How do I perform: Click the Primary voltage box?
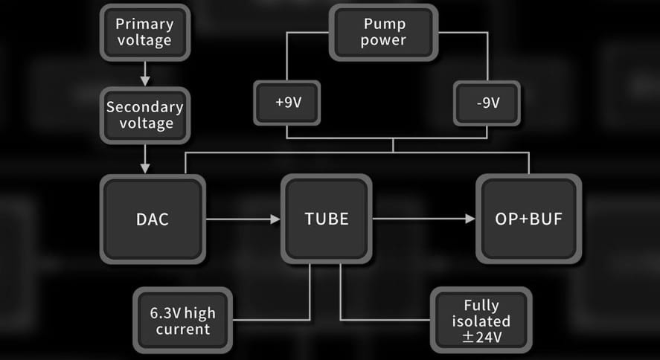tap(145, 32)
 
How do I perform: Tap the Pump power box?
tap(382, 32)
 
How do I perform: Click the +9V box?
tap(287, 103)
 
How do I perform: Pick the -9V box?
tap(487, 103)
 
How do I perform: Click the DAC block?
tap(153, 219)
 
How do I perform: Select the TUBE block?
tap(326, 219)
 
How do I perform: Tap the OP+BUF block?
tap(528, 219)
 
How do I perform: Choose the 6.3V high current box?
tap(184, 321)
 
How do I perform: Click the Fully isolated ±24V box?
tap(481, 321)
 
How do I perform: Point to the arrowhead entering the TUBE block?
tap(275, 219)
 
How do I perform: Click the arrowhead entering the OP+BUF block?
tap(470, 219)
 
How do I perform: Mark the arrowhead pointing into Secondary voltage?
tap(146, 80)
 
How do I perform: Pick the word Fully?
tap(481, 305)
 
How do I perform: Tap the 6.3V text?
tap(164, 313)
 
